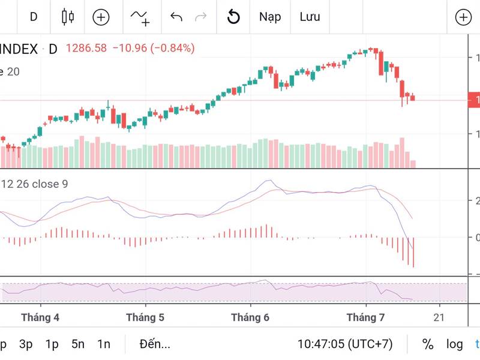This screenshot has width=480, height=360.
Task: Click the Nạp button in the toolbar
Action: [270, 17]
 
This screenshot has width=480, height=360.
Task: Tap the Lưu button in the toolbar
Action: [310, 17]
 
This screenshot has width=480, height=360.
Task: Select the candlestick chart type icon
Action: [68, 17]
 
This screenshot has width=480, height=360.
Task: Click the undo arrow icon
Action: [176, 17]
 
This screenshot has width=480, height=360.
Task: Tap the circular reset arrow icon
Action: [233, 17]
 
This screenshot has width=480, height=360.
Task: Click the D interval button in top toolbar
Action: [34, 17]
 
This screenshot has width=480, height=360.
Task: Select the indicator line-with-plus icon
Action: [140, 17]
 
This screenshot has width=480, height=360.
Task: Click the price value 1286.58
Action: [86, 49]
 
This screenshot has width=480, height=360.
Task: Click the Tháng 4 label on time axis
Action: [40, 317]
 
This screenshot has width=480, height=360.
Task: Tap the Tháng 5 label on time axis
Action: [145, 317]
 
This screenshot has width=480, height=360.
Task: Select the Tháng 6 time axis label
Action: [250, 317]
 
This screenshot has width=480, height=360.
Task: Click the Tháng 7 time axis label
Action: [365, 317]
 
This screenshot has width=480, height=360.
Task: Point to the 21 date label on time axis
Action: [439, 317]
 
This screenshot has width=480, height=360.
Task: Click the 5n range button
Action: [78, 344]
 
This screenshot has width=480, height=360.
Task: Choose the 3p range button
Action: [26, 344]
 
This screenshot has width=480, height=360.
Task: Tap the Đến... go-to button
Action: [154, 344]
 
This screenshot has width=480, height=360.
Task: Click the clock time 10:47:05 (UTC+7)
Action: [345, 344]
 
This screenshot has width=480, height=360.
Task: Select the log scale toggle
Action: [454, 344]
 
